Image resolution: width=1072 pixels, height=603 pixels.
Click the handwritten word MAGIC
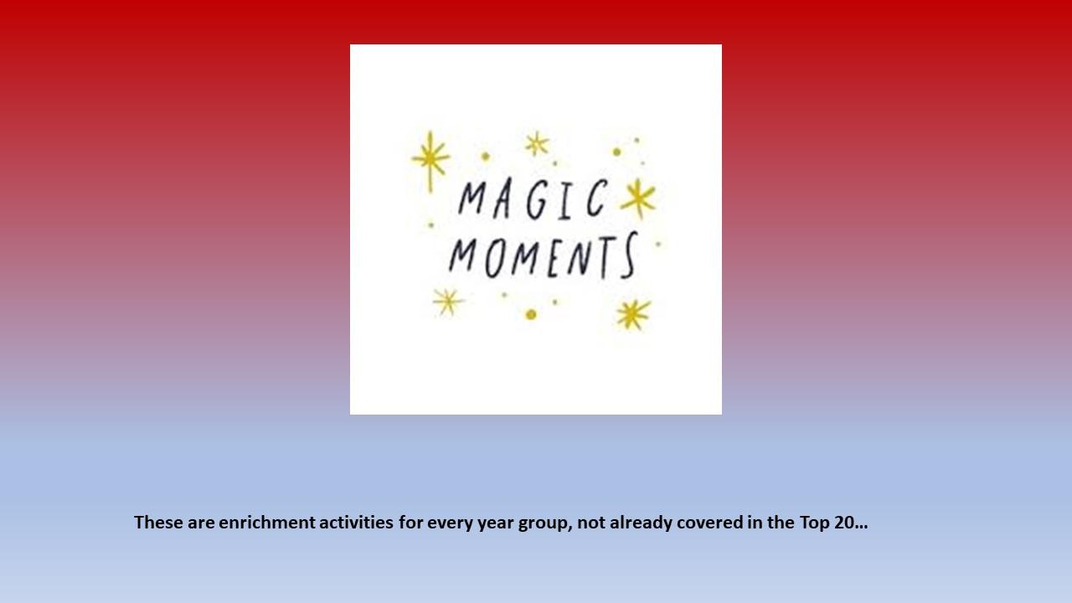[533, 199]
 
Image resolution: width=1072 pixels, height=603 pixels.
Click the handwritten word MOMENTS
[544, 255]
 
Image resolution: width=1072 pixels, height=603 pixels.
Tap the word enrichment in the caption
[266, 522]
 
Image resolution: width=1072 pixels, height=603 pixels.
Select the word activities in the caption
[356, 522]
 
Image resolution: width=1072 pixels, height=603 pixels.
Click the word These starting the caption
[158, 522]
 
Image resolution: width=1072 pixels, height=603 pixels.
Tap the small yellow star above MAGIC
[537, 143]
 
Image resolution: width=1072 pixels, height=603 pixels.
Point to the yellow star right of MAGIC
[638, 198]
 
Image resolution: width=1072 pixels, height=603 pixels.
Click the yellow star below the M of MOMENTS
[448, 302]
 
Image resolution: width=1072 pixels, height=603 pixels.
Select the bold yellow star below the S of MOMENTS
[633, 314]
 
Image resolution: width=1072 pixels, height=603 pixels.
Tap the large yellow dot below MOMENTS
[531, 314]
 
